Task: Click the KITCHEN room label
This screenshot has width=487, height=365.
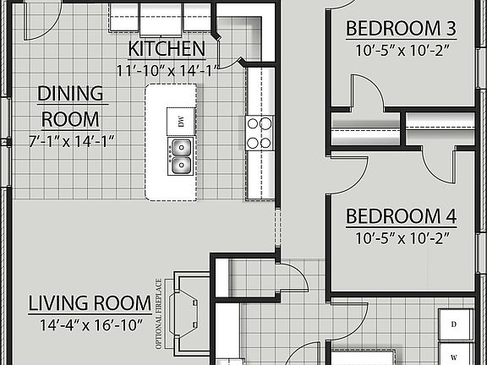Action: pos(166,47)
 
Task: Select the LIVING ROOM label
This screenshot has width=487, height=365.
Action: pos(85,302)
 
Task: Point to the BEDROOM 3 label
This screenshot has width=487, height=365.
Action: pos(401,29)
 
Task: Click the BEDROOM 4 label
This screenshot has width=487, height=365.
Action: pos(401,216)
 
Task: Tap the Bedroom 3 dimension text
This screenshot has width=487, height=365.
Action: pos(401,50)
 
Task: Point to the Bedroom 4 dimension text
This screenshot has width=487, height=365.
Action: pos(401,237)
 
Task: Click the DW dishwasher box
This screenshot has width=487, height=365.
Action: pos(181,122)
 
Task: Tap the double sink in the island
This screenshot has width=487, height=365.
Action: pos(180,155)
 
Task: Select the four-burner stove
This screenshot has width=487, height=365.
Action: pos(260,133)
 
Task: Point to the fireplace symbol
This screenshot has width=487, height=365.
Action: pos(188,313)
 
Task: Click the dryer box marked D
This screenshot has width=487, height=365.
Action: pos(453,324)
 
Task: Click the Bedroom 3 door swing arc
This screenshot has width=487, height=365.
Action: pos(366,90)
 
